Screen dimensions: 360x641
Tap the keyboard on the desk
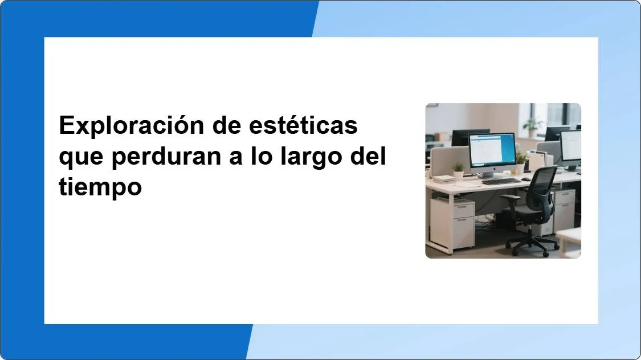pyautogui.click(x=501, y=182)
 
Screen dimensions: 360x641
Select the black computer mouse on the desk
pyautogui.click(x=526, y=179)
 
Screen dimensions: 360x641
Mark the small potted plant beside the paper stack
pyautogui.click(x=458, y=170)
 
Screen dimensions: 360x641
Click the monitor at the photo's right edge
pyautogui.click(x=571, y=147)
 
